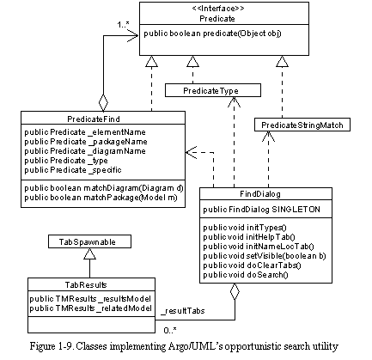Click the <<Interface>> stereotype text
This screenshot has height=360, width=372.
point(218,9)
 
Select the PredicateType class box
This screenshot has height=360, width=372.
point(213,90)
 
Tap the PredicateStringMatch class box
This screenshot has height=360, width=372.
point(302,125)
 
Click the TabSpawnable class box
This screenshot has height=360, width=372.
point(89,241)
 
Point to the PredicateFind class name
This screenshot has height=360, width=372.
point(94,119)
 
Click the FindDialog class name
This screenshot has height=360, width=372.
point(260,194)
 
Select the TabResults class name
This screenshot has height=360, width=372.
point(86,285)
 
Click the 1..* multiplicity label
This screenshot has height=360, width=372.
point(124,25)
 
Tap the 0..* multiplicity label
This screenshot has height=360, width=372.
point(170,331)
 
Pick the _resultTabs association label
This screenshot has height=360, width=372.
point(183,311)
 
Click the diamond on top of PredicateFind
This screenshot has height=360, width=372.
point(103,102)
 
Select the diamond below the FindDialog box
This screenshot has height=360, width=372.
point(235,291)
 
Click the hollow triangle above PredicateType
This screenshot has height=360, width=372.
point(192,61)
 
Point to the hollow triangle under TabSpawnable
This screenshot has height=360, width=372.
point(89,253)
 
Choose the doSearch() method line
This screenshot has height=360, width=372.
point(246,275)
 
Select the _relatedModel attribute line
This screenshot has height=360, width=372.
point(90,308)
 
